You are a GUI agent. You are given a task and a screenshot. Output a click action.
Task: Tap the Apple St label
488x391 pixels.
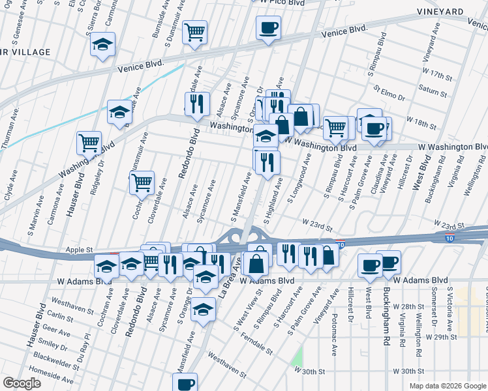click(80, 250)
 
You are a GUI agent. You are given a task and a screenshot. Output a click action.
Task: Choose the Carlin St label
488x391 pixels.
click(60, 317)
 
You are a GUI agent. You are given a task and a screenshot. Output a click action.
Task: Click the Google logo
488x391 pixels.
click(22, 383)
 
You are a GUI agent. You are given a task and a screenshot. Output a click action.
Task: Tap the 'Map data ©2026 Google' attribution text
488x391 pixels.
click(447, 386)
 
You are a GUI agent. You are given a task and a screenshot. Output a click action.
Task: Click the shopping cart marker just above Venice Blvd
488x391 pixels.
click(194, 33)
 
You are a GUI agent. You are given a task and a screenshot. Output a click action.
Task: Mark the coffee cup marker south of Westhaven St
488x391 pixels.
click(185, 383)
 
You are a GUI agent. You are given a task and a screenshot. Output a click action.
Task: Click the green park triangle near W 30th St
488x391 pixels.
click(298, 357)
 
